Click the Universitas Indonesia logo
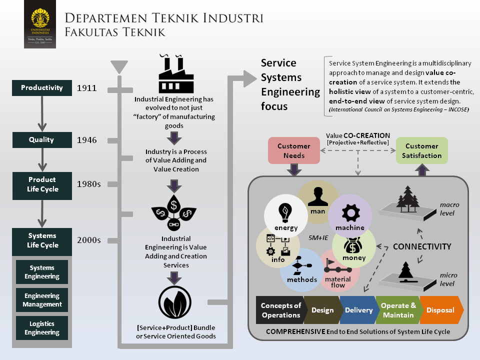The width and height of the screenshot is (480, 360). (40, 24)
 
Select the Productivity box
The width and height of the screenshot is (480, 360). (42, 88)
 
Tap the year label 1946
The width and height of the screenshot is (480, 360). (86, 140)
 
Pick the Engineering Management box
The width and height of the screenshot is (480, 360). (42, 300)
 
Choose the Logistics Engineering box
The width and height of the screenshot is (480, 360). (42, 328)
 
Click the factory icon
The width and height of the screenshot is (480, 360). (176, 74)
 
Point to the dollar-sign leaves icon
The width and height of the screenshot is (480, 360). (174, 212)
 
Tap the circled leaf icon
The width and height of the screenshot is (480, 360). (175, 302)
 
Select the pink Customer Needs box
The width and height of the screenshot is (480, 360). (294, 150)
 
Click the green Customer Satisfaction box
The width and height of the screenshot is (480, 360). (422, 150)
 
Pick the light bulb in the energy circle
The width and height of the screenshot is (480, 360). (285, 213)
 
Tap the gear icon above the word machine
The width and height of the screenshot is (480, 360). (351, 213)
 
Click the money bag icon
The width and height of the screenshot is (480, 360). (353, 245)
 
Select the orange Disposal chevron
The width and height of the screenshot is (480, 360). (441, 310)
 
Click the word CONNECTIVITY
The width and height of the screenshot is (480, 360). (422, 246)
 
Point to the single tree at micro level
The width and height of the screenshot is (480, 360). (406, 272)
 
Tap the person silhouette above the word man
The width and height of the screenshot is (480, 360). (318, 196)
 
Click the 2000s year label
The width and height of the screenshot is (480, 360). (89, 240)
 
